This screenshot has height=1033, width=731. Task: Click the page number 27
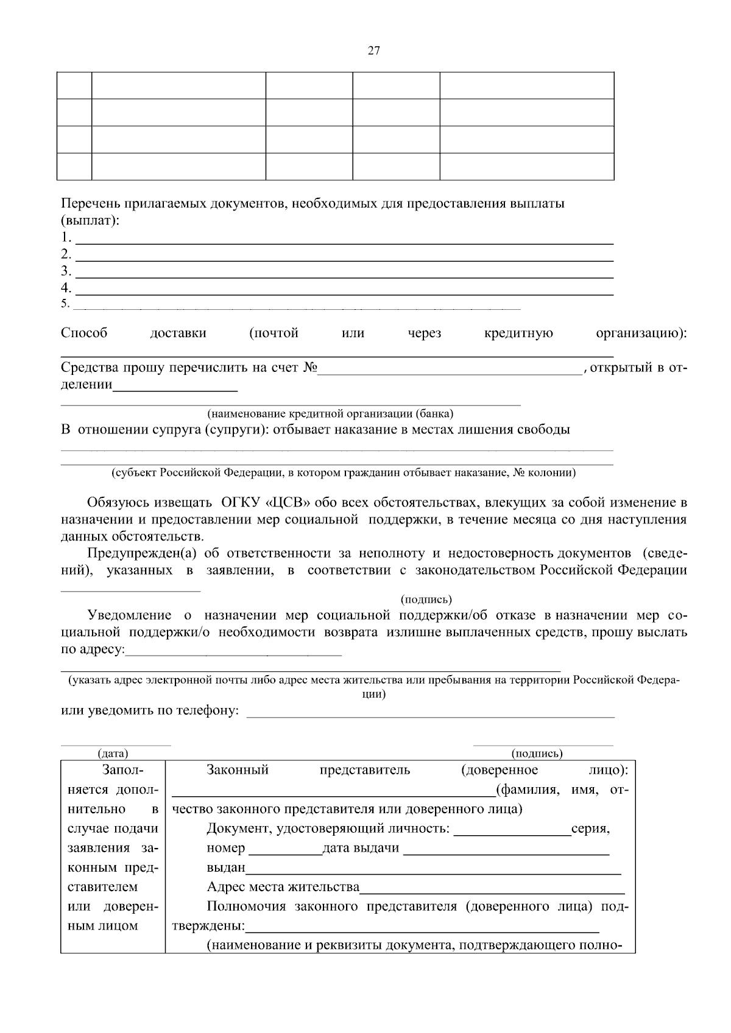[374, 51]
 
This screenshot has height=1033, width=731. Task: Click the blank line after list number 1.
[344, 239]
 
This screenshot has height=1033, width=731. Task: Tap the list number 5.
[65, 303]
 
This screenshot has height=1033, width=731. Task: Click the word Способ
[84, 333]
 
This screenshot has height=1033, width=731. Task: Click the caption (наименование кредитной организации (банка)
[330, 414]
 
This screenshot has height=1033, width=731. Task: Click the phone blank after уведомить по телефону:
[429, 712]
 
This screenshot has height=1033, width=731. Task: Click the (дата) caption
[113, 754]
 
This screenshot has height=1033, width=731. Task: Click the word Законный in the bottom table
[238, 770]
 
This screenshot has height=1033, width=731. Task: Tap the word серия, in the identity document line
[590, 828]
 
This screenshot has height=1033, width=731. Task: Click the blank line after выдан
[433, 869]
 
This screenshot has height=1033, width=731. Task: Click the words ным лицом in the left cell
[102, 926]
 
